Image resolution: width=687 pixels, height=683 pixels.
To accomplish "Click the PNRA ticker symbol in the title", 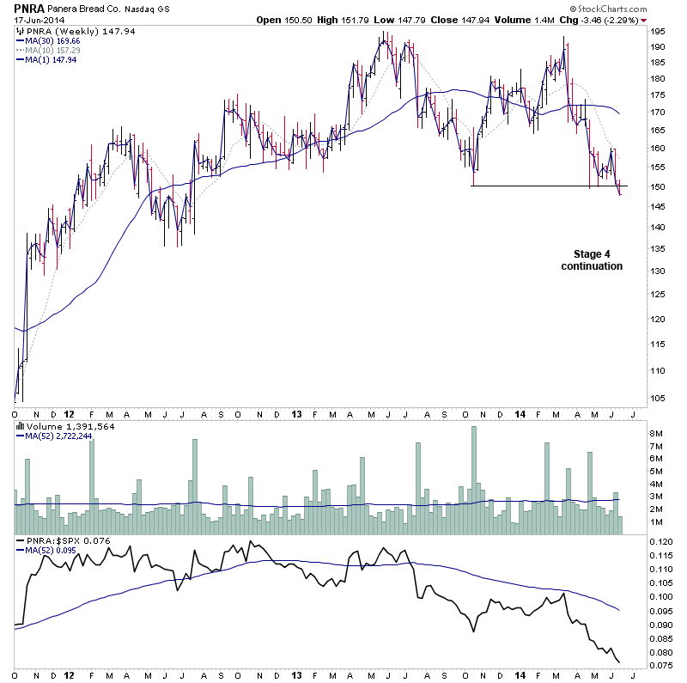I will click(29, 8).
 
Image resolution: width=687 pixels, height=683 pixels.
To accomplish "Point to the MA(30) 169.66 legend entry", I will click(52, 40).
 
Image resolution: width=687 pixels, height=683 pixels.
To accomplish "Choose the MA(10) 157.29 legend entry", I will click(52, 50).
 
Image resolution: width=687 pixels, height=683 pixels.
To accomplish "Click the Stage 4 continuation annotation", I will click(592, 259).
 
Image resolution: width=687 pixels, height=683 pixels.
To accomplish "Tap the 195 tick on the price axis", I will click(657, 32).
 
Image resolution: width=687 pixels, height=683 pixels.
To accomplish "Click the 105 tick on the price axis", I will click(657, 398).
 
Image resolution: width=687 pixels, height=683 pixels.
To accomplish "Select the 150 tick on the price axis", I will click(657, 186).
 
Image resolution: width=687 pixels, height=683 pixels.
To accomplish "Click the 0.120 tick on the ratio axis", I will click(660, 543).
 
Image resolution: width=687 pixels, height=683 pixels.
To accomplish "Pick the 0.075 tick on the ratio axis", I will click(660, 665).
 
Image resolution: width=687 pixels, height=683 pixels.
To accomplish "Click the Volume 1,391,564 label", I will click(59, 425).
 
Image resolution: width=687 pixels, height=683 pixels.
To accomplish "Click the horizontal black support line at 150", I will click(550, 186).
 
